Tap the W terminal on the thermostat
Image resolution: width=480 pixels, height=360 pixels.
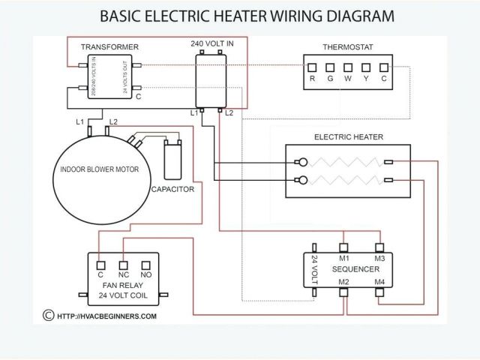tap(349, 67)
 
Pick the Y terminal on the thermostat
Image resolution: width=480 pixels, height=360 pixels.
tap(367, 67)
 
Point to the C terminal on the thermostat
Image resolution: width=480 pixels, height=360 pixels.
tap(385, 67)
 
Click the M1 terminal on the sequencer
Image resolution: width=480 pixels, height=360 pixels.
tap(344, 247)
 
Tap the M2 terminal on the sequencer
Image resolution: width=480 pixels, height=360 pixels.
tap(344, 290)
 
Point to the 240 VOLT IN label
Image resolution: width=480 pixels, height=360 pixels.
tap(209, 43)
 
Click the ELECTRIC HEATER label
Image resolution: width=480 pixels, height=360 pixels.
tap(349, 137)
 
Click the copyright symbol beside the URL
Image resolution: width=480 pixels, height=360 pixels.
tap(49, 316)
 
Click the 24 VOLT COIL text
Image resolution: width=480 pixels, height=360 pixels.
tap(122, 295)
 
